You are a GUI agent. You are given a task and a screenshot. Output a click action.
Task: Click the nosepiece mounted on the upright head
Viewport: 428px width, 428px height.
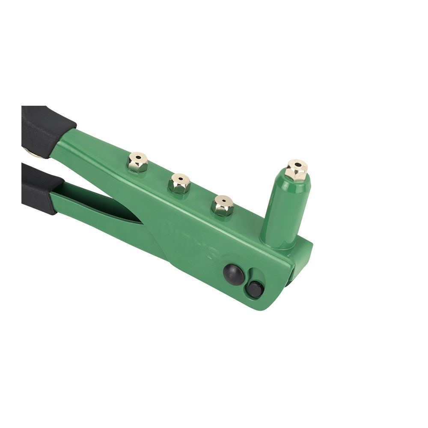click(296, 170)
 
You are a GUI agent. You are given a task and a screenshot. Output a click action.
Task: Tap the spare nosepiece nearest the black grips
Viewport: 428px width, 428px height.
click(138, 162)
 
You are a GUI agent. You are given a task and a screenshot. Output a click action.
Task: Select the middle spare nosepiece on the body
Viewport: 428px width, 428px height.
click(179, 184)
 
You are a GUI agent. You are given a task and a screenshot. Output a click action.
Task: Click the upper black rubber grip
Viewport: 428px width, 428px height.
click(45, 128)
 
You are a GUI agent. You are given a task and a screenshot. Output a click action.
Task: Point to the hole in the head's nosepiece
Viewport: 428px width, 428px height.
click(297, 164)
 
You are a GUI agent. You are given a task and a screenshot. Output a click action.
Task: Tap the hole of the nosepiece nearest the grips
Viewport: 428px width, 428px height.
click(138, 156)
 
